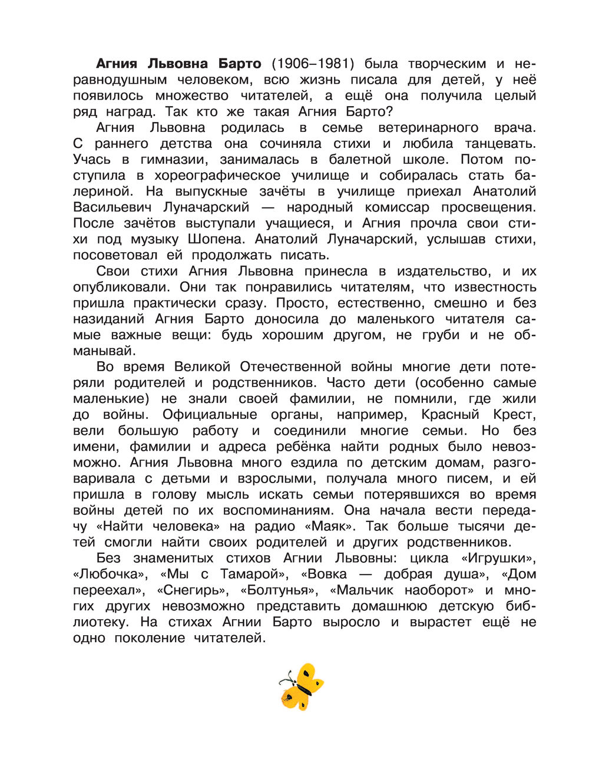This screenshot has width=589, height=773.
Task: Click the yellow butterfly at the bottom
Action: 301,686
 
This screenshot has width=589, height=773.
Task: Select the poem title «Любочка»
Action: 109,574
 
